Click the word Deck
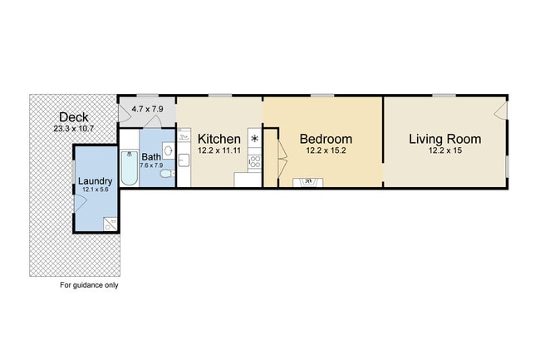75,117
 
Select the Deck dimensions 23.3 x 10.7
75,129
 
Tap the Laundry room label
95,180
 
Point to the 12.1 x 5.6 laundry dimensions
95,190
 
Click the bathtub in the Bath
129,168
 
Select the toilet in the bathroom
166,174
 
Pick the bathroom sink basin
168,150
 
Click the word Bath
151,156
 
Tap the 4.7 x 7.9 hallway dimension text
147,109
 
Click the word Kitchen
219,138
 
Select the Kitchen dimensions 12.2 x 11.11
219,150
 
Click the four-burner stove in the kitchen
254,161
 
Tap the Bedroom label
326,138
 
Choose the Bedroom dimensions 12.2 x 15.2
326,150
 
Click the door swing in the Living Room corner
500,111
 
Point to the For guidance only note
89,285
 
